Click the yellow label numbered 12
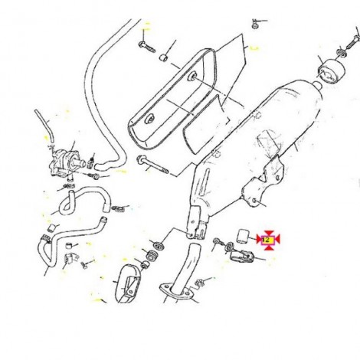(267, 240)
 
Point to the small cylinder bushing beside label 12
(241, 236)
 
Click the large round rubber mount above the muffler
(331, 70)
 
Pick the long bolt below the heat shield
(152, 165)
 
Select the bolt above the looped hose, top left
(147, 47)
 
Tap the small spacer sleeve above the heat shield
(163, 57)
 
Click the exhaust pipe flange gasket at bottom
(177, 291)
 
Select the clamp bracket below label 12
(241, 257)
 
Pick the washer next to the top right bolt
(342, 51)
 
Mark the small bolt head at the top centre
(254, 26)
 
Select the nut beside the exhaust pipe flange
(199, 283)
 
